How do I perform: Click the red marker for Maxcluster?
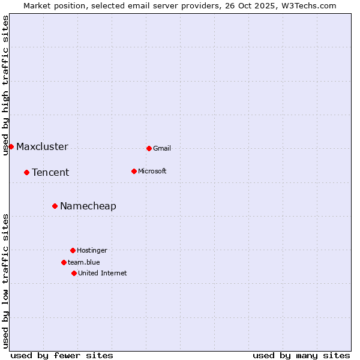pyautogui.click(x=11, y=146)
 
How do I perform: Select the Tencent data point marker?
pyautogui.click(x=26, y=172)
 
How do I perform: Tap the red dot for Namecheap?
pyautogui.click(x=55, y=206)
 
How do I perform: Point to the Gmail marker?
pyautogui.click(x=149, y=148)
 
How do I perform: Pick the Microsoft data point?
pyautogui.click(x=134, y=171)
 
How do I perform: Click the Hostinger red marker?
pyautogui.click(x=73, y=250)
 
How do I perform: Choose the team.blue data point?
pyautogui.click(x=64, y=262)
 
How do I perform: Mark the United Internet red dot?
pyautogui.click(x=74, y=273)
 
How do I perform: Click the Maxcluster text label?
pyautogui.click(x=42, y=146)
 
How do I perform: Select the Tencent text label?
pyautogui.click(x=50, y=172)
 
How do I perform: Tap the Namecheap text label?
pyautogui.click(x=88, y=206)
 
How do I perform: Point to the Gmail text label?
pyautogui.click(x=162, y=148)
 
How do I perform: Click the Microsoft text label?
pyautogui.click(x=152, y=171)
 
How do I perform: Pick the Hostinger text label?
pyautogui.click(x=92, y=250)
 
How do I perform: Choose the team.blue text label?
pyautogui.click(x=84, y=262)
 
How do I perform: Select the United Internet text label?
pyautogui.click(x=103, y=273)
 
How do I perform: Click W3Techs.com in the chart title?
pyautogui.click(x=307, y=5)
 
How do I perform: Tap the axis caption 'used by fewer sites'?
pyautogui.click(x=62, y=355)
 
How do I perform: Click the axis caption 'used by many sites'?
pyautogui.click(x=301, y=355)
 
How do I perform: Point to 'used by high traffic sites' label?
pyautogui.click(x=5, y=85)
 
